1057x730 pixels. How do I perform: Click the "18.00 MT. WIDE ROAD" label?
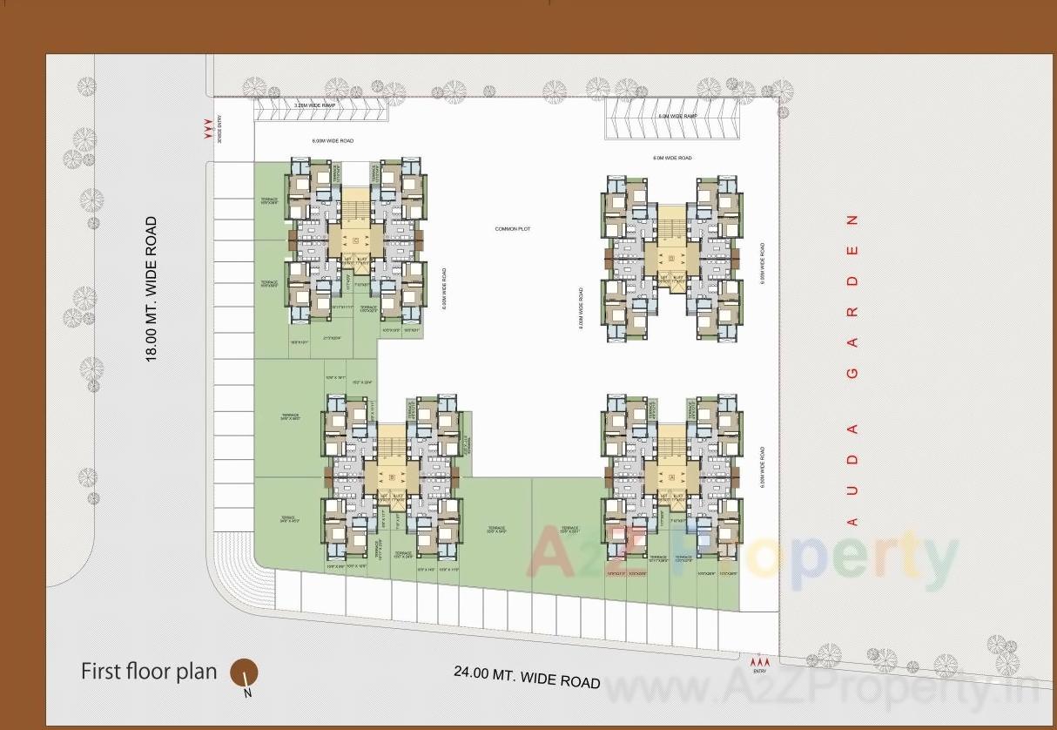tap(152, 288)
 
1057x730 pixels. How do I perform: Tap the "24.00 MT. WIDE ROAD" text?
tap(527, 676)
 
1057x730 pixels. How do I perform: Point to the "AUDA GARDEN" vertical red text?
tap(852, 369)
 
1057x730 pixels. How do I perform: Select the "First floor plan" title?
tap(149, 672)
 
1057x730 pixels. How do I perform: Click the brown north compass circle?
tap(244, 673)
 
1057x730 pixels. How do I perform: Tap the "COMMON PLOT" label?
tap(512, 229)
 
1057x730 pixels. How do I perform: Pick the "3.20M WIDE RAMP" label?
tap(315, 105)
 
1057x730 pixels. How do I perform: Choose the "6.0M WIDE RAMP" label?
tap(678, 116)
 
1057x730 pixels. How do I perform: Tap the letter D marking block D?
tap(671, 259)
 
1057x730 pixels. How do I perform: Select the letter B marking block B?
tap(392, 477)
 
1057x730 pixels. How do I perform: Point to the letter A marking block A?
tap(671, 477)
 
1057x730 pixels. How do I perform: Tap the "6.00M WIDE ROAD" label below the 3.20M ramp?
tap(333, 141)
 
